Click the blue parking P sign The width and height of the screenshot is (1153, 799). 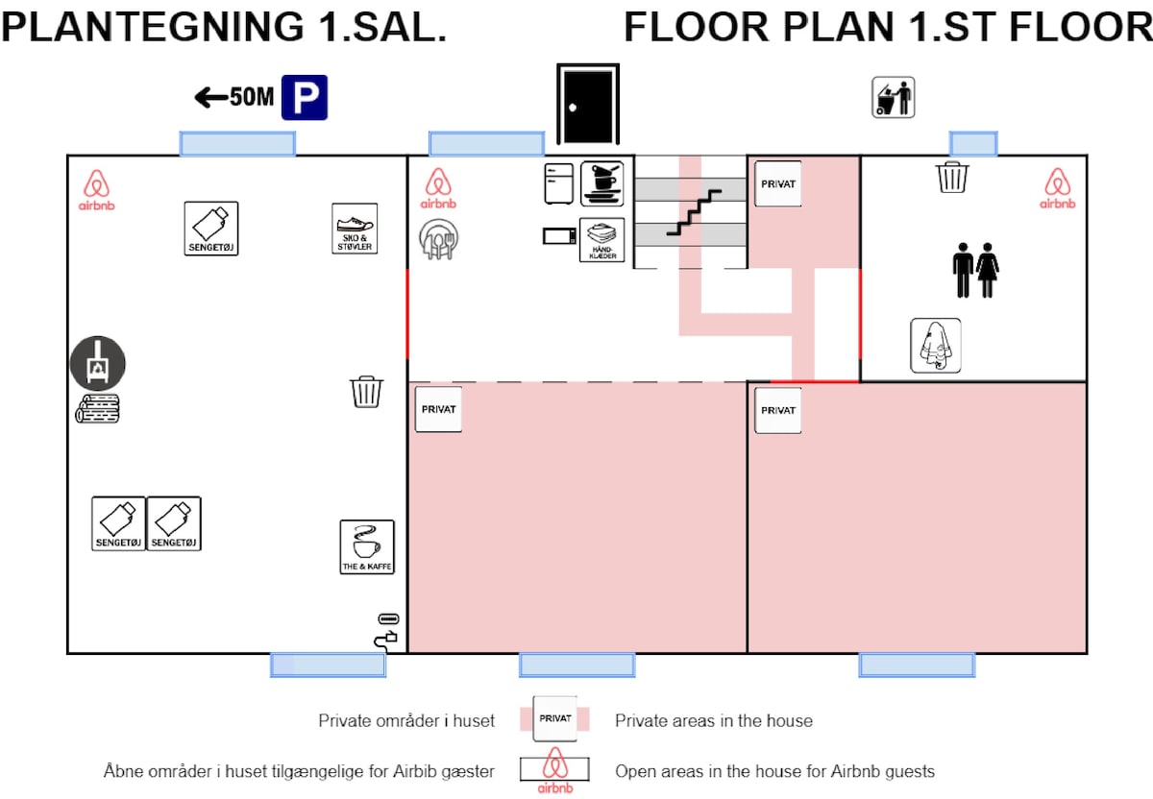[305, 97]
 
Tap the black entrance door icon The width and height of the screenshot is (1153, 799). [588, 104]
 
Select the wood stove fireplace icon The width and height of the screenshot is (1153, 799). [97, 363]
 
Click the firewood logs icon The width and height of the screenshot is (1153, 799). [97, 408]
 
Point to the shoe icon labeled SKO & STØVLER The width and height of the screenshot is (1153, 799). [355, 229]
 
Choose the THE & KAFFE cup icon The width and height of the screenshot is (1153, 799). [367, 546]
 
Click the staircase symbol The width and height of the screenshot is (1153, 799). [694, 212]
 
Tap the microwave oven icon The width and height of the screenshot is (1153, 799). [559, 236]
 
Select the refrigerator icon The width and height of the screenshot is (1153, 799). [558, 183]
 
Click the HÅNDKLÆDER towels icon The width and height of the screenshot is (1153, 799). [601, 240]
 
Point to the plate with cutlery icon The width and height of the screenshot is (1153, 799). [438, 239]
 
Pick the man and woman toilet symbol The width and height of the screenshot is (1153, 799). [975, 270]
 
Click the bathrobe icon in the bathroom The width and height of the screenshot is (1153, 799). [935, 345]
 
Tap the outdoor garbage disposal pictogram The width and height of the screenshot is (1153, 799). [893, 97]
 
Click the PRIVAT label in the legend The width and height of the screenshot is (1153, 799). [555, 718]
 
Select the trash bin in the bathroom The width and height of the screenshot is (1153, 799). [952, 177]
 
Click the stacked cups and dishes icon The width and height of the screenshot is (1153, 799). [601, 183]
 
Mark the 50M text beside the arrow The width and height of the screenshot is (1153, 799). [252, 97]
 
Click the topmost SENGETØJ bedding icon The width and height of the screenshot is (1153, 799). [211, 229]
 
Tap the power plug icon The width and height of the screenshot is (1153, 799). [386, 640]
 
